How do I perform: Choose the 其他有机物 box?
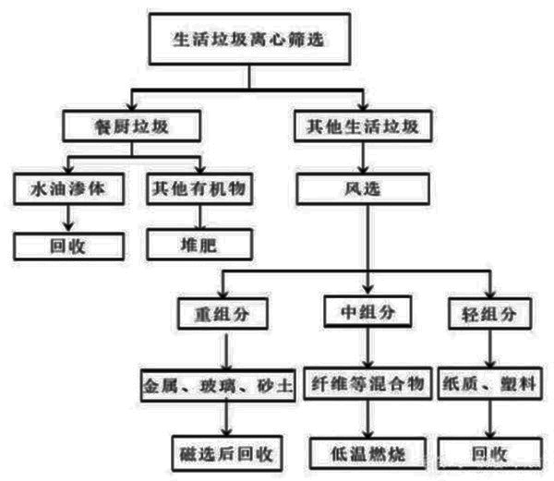(x=199, y=187)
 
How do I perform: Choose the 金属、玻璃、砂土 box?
(x=219, y=382)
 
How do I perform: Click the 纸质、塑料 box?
(x=487, y=382)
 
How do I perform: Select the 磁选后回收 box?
(x=226, y=453)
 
